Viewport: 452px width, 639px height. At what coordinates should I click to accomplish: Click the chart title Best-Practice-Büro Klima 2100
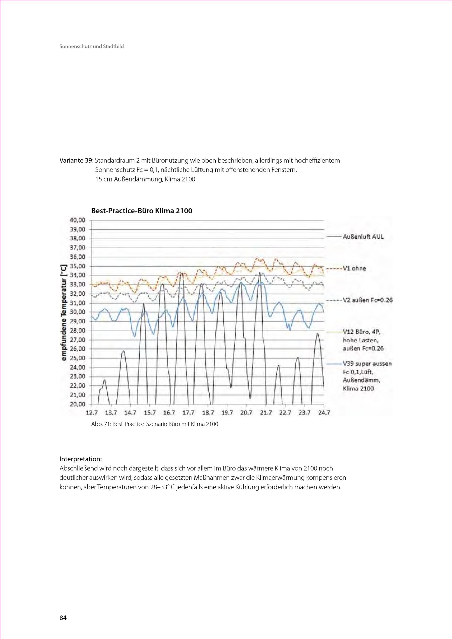point(142,211)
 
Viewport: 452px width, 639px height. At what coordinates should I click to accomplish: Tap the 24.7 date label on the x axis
point(324,413)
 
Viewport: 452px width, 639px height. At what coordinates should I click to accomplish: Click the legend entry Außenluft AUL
point(363,237)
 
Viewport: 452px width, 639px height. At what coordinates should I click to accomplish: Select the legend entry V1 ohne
point(354,269)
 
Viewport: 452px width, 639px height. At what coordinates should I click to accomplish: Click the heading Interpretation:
point(81,459)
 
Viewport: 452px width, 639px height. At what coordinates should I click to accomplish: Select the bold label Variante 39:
point(77,161)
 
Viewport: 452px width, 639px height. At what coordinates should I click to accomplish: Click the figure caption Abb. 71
point(154,424)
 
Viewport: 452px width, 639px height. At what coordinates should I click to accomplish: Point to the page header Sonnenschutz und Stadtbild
point(92,47)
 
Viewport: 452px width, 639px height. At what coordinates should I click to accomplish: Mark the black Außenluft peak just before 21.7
point(260,273)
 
